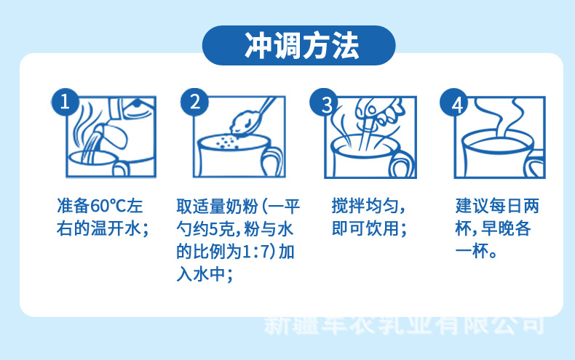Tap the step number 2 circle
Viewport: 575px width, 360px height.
tap(194, 102)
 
